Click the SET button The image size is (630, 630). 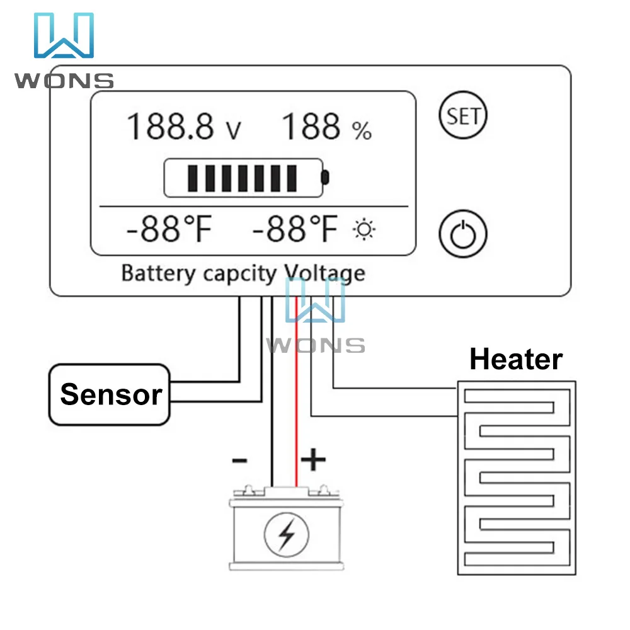[462, 116]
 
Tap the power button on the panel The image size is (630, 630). [462, 234]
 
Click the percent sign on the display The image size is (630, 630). [362, 131]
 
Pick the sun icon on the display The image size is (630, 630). [364, 231]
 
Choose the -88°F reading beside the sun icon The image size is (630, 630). [295, 230]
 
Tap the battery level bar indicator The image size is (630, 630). [246, 178]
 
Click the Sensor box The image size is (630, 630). [110, 394]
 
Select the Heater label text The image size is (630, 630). [515, 360]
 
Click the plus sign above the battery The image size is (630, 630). [313, 461]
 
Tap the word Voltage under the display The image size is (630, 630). [325, 273]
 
